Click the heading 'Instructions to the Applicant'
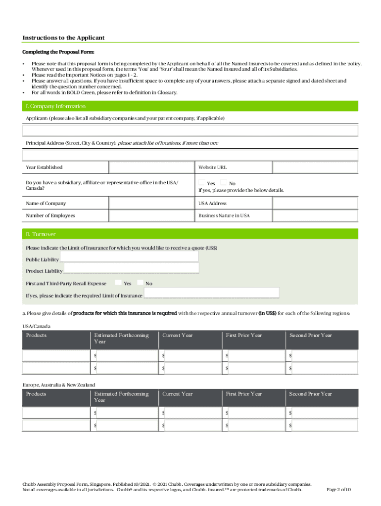point(63,38)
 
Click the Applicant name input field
point(190,130)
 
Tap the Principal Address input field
point(190,155)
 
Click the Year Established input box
point(151,168)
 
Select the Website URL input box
point(315,168)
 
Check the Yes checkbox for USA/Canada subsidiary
point(202,183)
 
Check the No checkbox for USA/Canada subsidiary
point(224,183)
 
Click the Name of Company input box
point(151,203)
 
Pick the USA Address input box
point(315,203)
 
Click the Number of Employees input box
point(151,215)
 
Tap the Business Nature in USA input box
point(315,215)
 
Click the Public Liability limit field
point(129,256)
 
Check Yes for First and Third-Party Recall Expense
point(118,283)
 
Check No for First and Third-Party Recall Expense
point(140,283)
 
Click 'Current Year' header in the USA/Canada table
point(178,336)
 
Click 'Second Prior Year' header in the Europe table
point(311,394)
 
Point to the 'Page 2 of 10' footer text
point(339,490)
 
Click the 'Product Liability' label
point(44,271)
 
